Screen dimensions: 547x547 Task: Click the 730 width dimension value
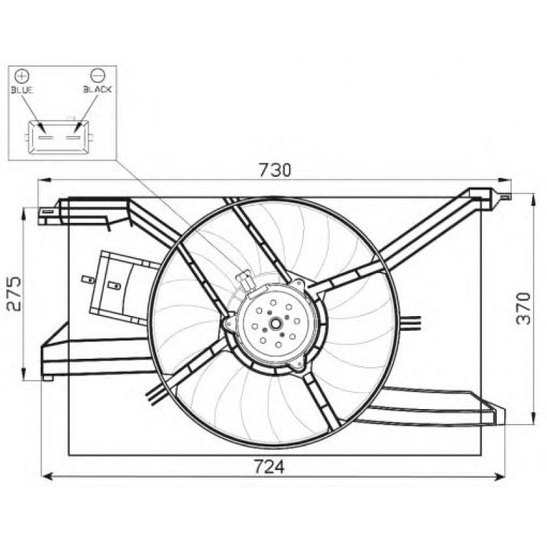click(275, 171)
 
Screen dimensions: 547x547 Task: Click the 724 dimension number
click(268, 467)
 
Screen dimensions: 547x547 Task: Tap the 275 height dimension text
click(15, 294)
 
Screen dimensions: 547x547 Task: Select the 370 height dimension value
click(523, 308)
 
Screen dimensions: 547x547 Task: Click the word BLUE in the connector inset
click(22, 90)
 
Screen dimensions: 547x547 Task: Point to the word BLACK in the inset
click(97, 90)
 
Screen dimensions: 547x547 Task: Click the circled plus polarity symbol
click(22, 75)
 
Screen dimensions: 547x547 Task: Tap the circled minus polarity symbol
click(97, 75)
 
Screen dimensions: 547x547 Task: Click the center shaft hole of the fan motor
click(276, 323)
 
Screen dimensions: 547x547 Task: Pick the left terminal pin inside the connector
click(46, 138)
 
